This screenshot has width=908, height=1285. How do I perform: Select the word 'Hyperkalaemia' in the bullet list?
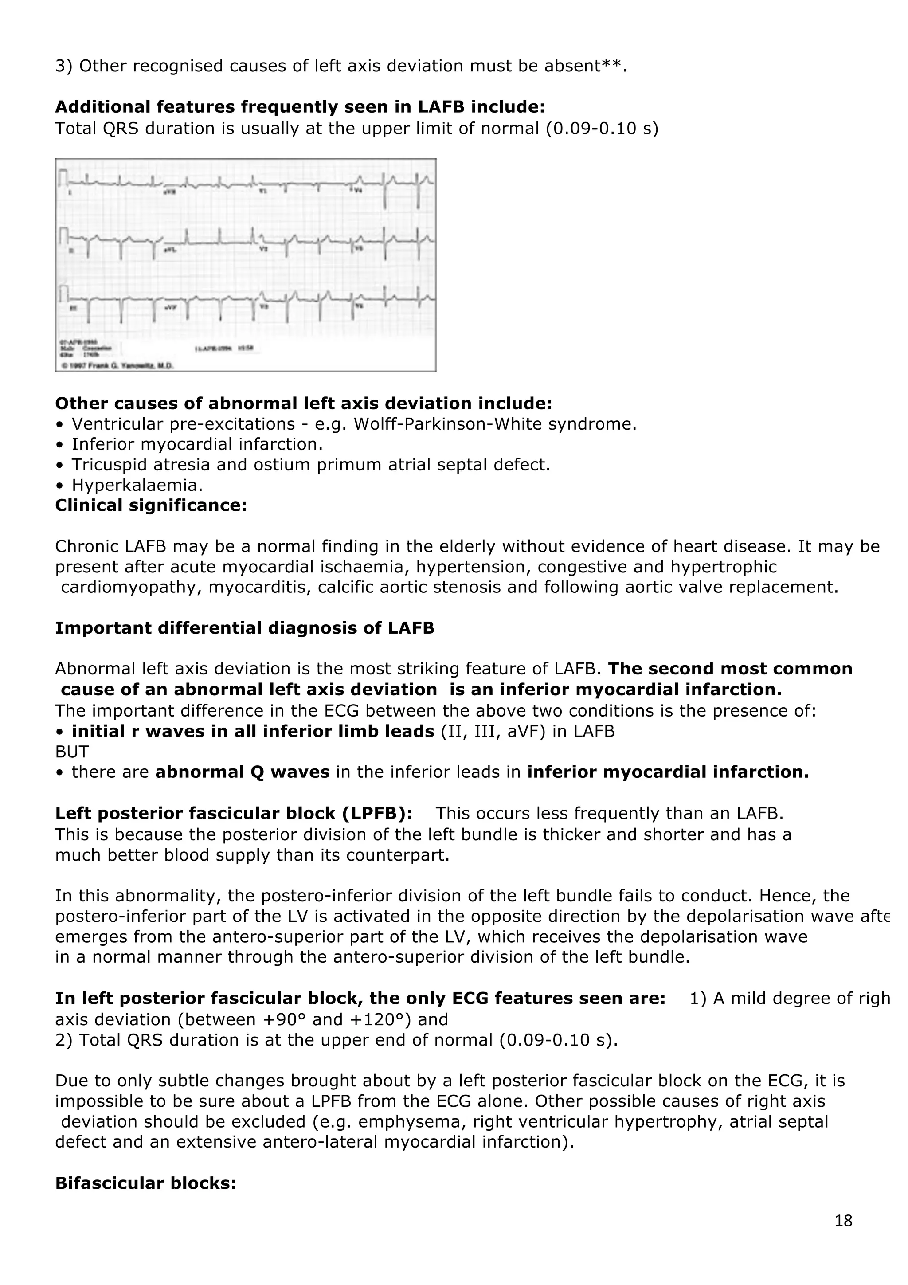coord(137,485)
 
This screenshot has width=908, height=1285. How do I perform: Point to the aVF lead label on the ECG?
coord(170,308)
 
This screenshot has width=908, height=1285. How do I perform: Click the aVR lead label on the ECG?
coord(169,192)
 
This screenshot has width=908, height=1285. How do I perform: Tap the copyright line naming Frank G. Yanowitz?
coord(117,365)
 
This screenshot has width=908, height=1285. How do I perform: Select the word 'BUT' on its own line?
coord(72,752)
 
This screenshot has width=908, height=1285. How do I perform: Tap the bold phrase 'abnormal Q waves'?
coord(242,772)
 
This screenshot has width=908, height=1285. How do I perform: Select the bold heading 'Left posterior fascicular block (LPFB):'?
coord(234,813)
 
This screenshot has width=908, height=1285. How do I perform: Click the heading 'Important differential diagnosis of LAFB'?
coord(244,628)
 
